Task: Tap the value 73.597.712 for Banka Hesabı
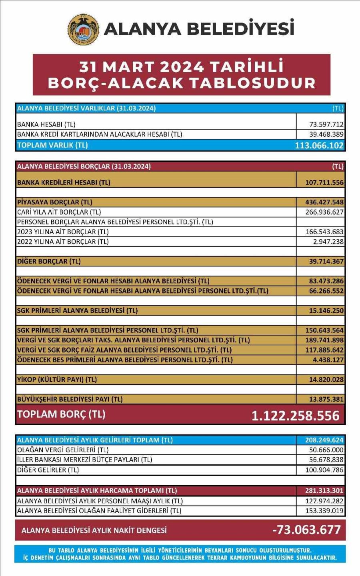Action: point(326,124)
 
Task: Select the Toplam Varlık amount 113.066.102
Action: point(319,145)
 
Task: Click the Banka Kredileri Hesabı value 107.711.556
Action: point(324,182)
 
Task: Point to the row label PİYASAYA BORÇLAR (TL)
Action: point(55,202)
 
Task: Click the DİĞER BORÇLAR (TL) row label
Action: point(49,261)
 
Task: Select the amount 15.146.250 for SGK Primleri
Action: point(326,310)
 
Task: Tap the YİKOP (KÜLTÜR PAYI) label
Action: point(57,379)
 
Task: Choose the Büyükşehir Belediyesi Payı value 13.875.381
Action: point(326,399)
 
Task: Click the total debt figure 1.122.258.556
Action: point(296,416)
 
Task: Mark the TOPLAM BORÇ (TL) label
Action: point(61,414)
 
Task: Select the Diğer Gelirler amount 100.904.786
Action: point(324,470)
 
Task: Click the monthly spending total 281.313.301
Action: point(324,490)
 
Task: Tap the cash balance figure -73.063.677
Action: point(306,530)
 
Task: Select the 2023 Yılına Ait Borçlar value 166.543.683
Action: point(324,232)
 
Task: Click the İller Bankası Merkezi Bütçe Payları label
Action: point(84,460)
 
